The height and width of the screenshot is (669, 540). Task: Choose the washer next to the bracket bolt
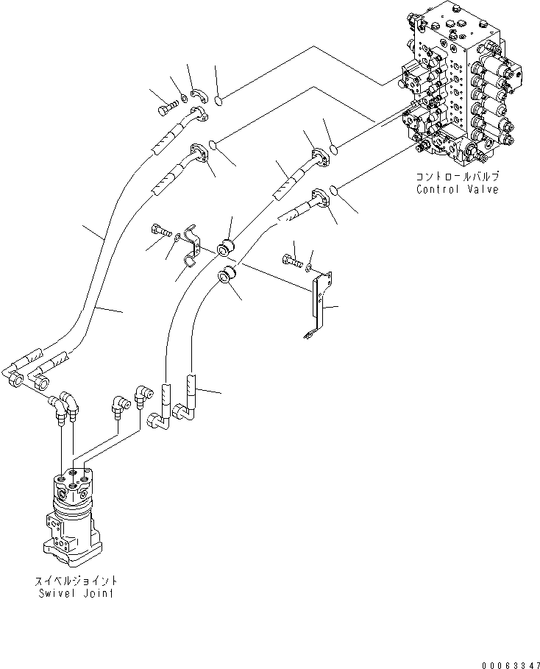[x=310, y=266]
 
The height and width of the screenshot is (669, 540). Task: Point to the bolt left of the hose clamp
[x=161, y=230]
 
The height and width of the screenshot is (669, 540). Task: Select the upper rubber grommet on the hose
[x=227, y=245]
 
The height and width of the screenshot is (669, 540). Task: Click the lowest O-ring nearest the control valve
[x=335, y=191]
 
